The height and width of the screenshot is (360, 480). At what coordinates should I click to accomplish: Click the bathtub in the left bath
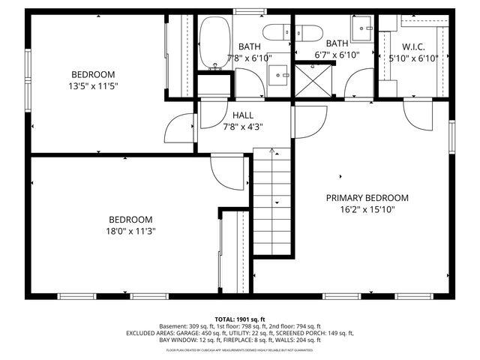215,43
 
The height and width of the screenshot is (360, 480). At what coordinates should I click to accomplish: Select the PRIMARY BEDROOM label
367,198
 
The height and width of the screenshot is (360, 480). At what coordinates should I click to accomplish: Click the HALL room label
243,115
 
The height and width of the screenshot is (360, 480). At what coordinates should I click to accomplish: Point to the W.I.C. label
409,46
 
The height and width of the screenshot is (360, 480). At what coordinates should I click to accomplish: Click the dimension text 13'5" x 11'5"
93,85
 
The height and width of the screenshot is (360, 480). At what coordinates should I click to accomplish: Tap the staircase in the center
271,202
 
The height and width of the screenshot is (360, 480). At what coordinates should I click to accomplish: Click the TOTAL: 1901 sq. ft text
240,319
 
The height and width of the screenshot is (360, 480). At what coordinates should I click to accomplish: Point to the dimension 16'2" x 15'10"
367,210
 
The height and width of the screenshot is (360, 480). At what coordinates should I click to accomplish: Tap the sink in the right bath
364,30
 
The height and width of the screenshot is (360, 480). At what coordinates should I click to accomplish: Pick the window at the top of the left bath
244,11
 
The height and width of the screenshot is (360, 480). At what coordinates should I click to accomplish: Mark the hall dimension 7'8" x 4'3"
243,127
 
